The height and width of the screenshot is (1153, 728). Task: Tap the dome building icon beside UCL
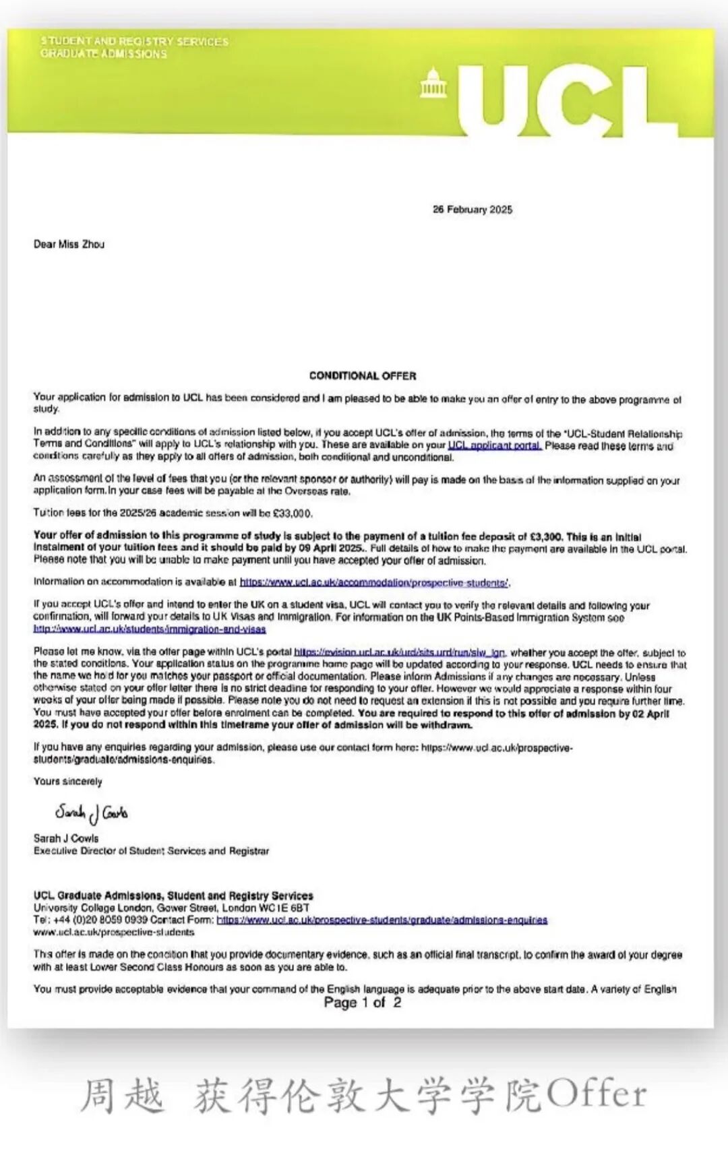tap(433, 84)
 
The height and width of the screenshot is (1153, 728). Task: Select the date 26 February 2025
tap(472, 210)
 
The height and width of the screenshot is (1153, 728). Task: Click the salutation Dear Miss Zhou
tap(69, 244)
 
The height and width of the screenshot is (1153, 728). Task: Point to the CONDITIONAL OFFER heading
tap(363, 375)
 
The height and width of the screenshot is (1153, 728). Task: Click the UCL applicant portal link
tap(494, 445)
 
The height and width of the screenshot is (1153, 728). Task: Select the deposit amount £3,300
tap(545, 537)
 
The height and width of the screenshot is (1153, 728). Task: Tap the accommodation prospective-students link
tap(374, 582)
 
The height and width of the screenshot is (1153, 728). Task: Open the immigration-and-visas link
tap(150, 629)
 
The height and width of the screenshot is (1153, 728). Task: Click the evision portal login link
tap(400, 652)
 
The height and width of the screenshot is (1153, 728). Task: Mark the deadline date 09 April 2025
tap(330, 549)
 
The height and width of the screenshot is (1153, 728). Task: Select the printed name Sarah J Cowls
tap(66, 838)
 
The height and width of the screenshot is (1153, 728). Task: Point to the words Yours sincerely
tap(67, 782)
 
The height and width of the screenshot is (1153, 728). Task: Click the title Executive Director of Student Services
tap(151, 851)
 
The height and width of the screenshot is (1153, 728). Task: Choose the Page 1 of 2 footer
tap(362, 1003)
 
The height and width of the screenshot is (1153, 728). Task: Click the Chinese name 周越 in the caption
tap(122, 1094)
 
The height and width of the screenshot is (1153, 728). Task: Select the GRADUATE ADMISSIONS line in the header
tap(103, 54)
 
